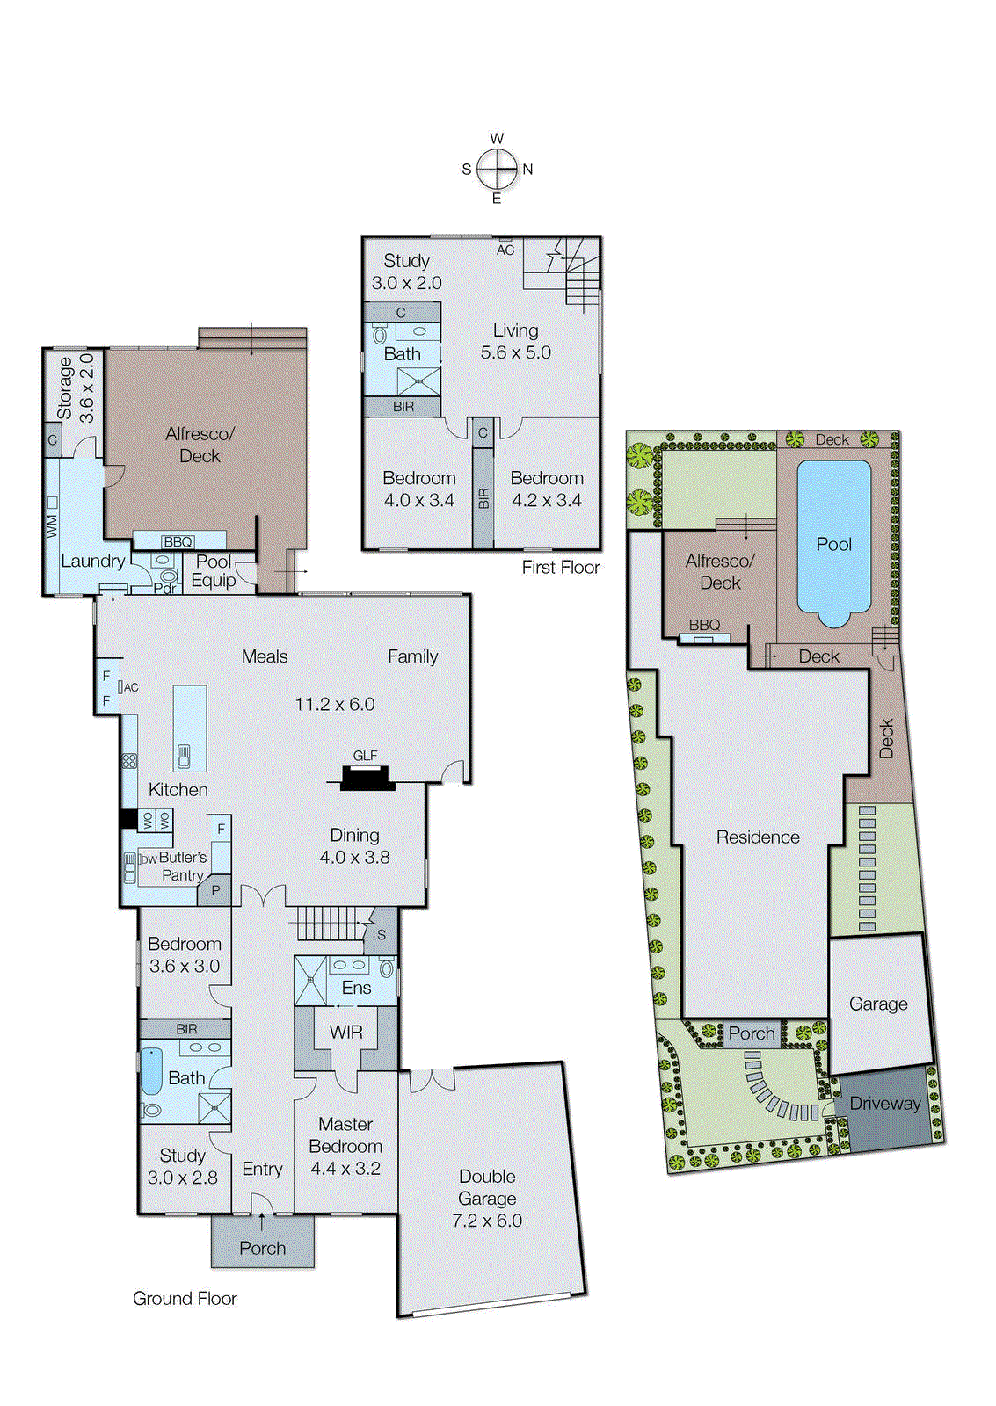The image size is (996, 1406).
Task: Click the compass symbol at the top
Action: tap(498, 169)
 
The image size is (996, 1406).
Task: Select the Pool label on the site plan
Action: tap(833, 544)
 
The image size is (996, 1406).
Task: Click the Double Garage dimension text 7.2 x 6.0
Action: tap(487, 1221)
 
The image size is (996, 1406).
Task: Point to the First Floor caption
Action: tap(560, 568)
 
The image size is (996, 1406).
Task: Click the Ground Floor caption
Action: tap(185, 1298)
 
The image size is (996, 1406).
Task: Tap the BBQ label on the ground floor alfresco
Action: tap(178, 542)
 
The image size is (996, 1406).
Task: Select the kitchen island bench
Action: tap(190, 728)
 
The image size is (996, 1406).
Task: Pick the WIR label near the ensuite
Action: tap(345, 1033)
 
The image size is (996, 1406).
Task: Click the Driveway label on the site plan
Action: tap(884, 1104)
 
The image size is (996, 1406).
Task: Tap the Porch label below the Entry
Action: tap(262, 1248)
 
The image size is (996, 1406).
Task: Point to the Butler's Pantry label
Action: tap(182, 866)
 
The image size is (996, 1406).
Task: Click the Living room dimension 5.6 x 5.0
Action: tap(516, 352)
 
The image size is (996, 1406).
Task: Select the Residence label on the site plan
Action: tap(758, 837)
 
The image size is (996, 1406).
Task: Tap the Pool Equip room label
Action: tap(214, 571)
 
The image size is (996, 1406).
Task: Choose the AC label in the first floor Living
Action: tap(505, 250)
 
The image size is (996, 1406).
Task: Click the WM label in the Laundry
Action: tap(51, 526)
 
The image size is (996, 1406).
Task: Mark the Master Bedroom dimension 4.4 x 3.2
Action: tap(345, 1169)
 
